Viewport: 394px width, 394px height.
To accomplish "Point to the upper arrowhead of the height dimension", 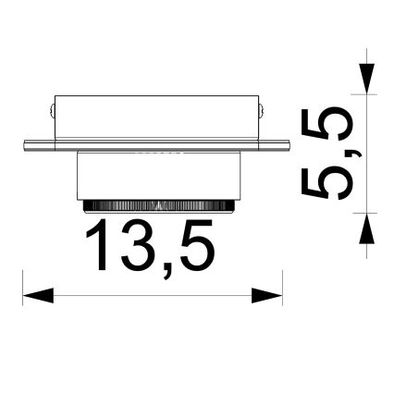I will pyautogui.click(x=367, y=78).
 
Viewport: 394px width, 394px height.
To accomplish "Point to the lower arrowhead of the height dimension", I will pyautogui.click(x=367, y=224).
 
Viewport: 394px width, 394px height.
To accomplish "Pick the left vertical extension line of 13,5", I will pyautogui.click(x=21, y=287).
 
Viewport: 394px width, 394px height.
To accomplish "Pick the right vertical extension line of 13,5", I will pyautogui.click(x=282, y=287).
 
